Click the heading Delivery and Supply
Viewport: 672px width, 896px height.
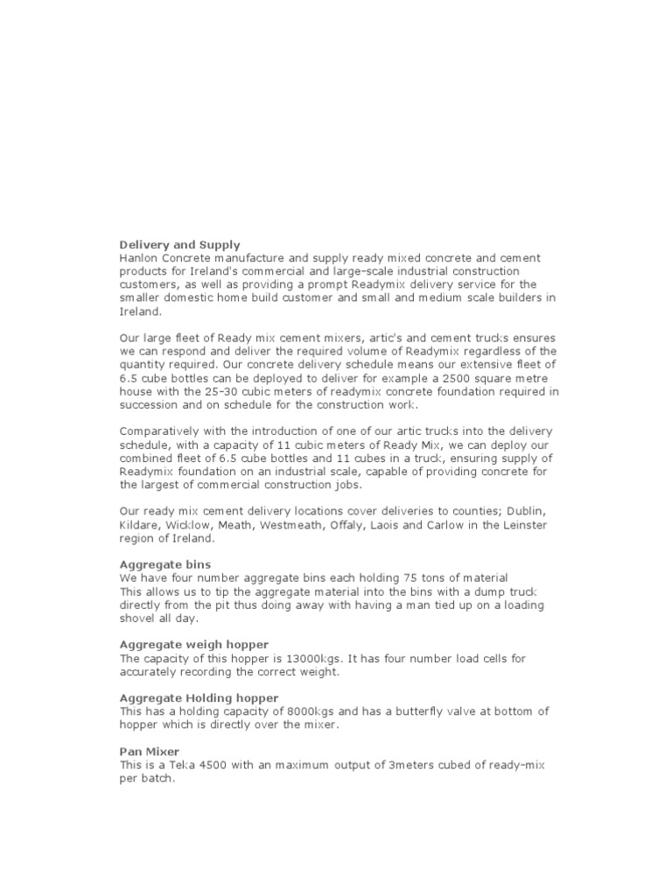coord(179,245)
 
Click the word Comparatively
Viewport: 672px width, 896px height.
coord(160,431)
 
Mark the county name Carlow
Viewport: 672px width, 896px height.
coord(444,525)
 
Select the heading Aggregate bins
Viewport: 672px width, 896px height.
coord(164,564)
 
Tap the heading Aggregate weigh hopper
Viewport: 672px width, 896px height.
coord(193,644)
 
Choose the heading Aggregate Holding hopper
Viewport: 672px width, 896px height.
coord(199,697)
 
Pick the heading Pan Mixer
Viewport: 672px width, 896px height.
coord(149,752)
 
